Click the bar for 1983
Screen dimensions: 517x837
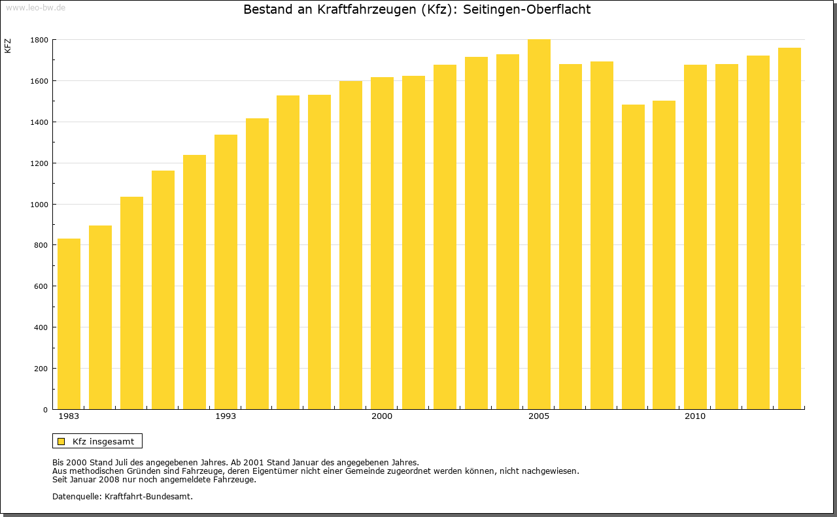pos(69,324)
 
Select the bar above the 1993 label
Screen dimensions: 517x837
pos(226,271)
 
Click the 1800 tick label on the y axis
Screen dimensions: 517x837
pos(39,40)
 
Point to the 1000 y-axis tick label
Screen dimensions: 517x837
pos(39,204)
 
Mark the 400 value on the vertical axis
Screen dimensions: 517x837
pos(41,327)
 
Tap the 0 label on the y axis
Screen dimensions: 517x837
pos(45,410)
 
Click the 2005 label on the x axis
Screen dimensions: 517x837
pos(539,416)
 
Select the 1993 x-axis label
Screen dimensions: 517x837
pos(226,416)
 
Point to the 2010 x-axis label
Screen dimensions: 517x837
pos(695,416)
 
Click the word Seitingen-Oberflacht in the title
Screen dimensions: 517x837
pos(526,10)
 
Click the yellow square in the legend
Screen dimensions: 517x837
pos(61,441)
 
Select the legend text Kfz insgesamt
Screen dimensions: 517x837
pos(103,441)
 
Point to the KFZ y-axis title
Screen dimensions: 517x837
pos(8,46)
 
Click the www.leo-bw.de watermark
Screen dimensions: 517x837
pos(35,7)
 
